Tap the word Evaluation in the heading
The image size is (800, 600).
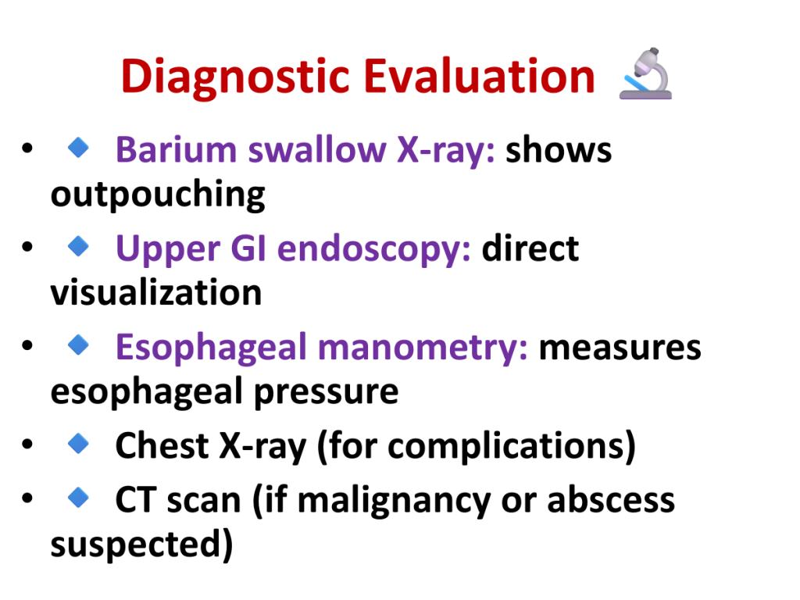click(479, 76)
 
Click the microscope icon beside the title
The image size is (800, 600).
click(646, 73)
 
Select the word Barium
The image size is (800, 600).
click(176, 150)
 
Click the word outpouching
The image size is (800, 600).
click(158, 195)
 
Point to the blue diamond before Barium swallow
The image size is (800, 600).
click(79, 148)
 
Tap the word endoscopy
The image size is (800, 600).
click(374, 249)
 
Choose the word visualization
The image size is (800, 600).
click(156, 292)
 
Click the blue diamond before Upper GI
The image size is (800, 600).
click(79, 246)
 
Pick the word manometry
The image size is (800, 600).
click(423, 348)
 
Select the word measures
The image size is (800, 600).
click(620, 348)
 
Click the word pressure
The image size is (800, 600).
click(327, 392)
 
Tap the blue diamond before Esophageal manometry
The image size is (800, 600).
click(79, 345)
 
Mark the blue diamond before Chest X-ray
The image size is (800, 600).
click(79, 443)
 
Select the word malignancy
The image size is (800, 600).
click(394, 501)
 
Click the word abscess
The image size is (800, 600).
click(611, 501)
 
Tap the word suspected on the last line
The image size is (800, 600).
click(136, 545)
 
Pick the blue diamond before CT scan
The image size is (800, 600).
click(79, 497)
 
